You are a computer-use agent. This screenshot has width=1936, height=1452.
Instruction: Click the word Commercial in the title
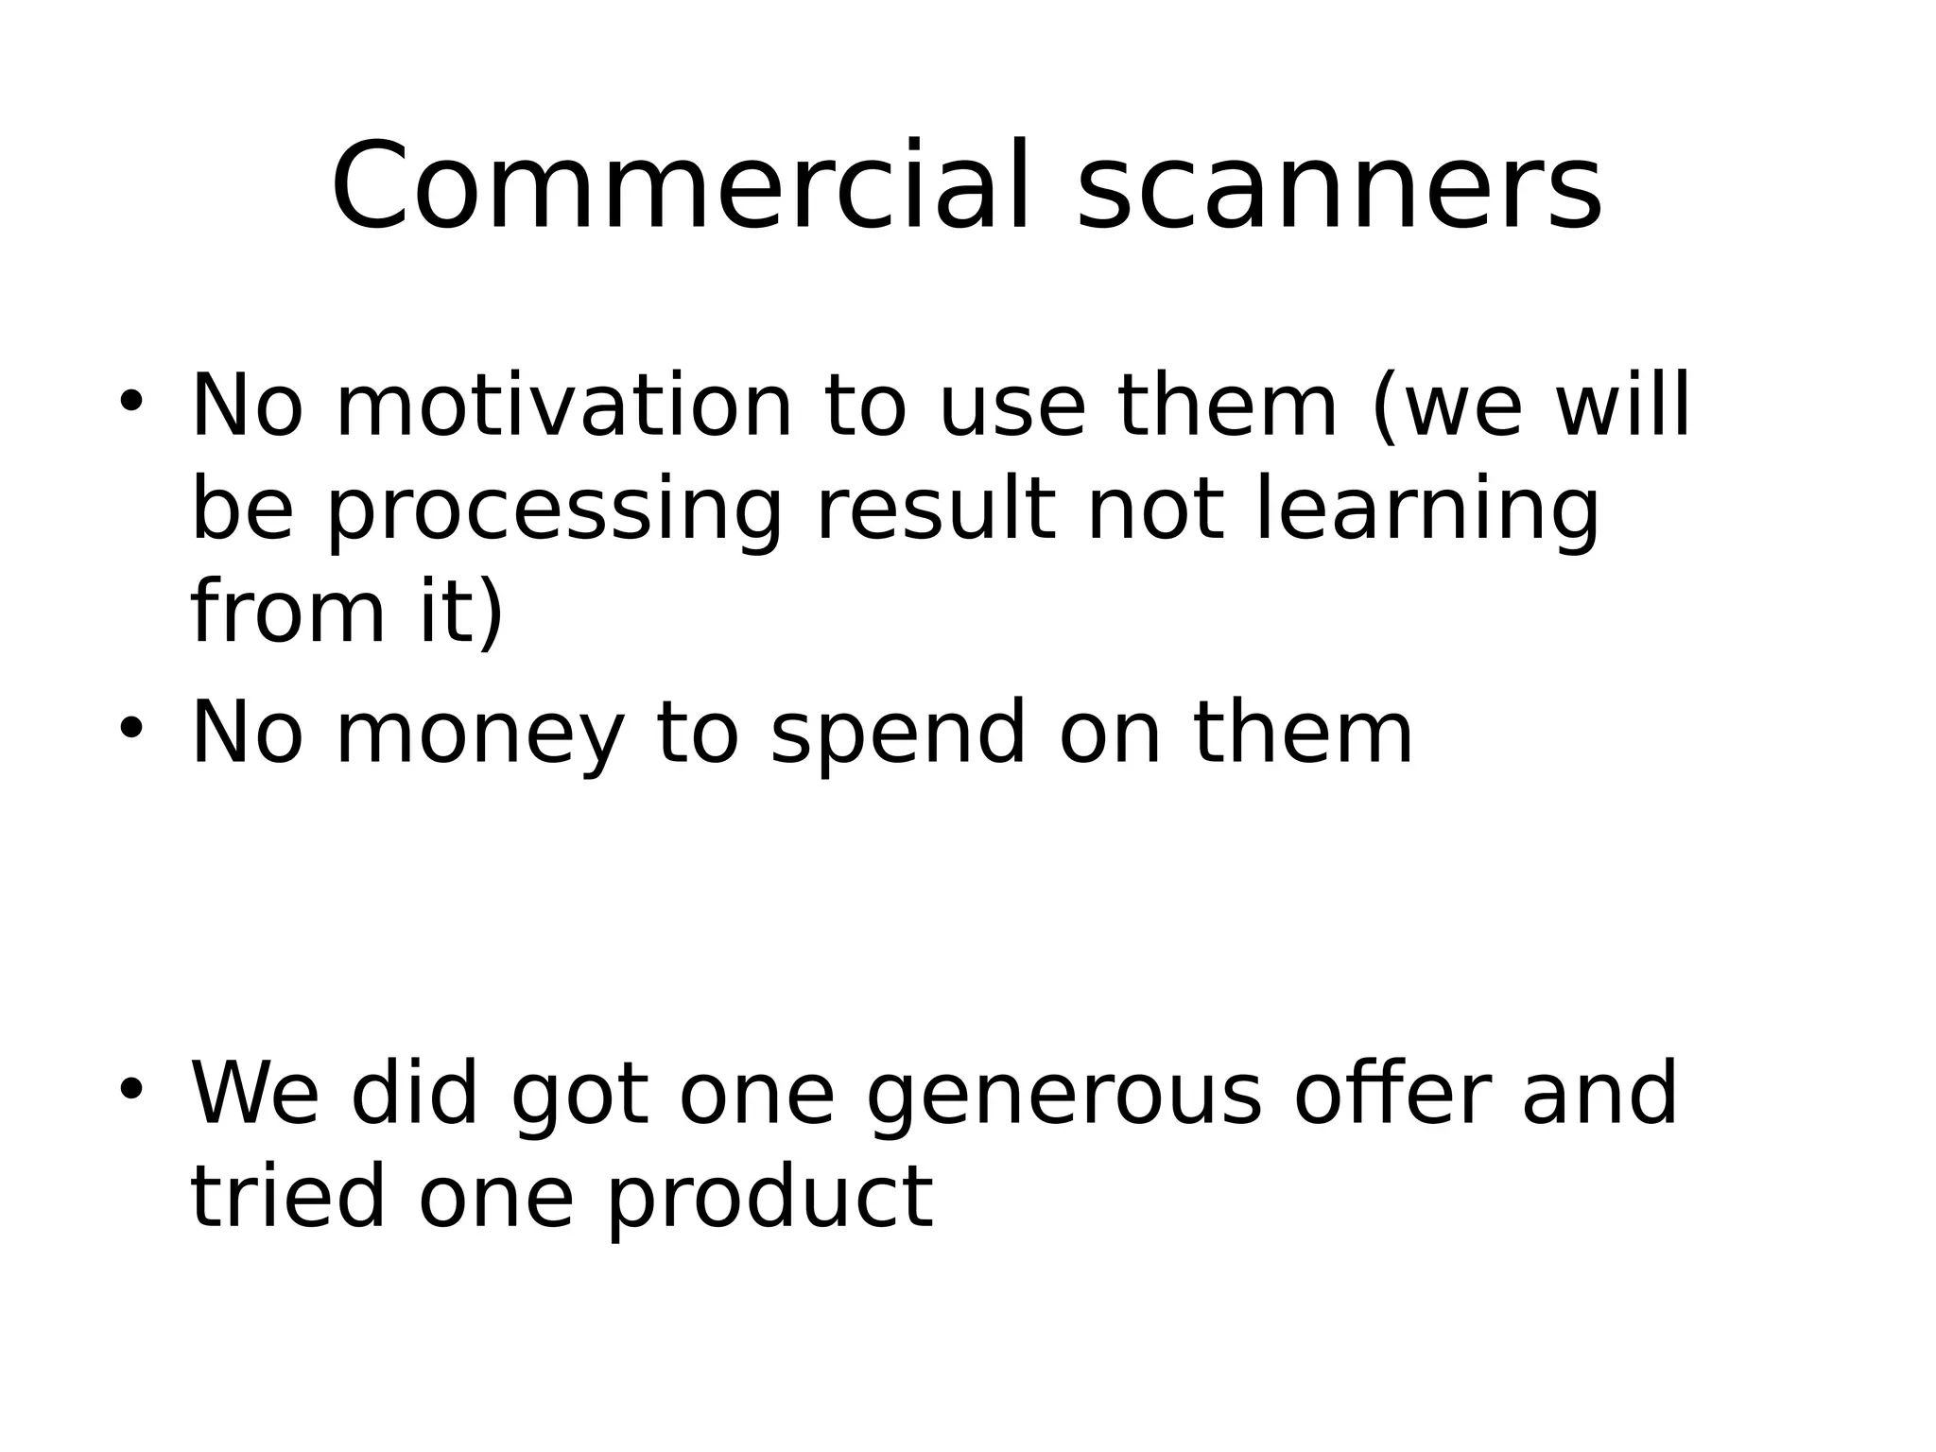(x=678, y=186)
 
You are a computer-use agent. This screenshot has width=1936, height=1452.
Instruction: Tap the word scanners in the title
(x=1340, y=186)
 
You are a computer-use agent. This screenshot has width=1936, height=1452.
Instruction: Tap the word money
(x=480, y=735)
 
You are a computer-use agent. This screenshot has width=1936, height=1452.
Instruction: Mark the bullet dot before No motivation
(x=130, y=401)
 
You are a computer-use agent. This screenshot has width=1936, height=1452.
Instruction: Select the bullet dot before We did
(x=130, y=1089)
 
